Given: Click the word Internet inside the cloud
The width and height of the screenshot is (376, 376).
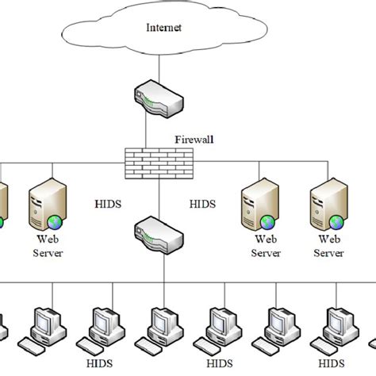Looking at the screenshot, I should tap(163, 27).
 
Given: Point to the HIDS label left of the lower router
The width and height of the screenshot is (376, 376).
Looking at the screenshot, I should tap(108, 205).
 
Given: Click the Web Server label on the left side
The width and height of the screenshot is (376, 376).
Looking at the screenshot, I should tap(45, 246).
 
